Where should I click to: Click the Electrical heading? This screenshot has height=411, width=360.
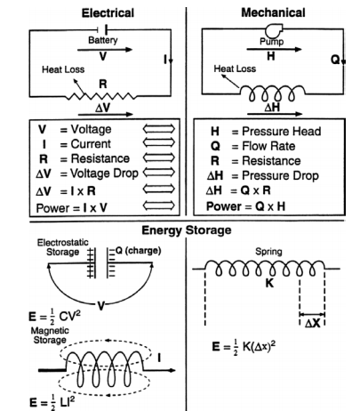pyautogui.click(x=108, y=13)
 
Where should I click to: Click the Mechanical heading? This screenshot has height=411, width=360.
pyautogui.click(x=273, y=12)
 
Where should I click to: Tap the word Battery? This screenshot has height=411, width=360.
pyautogui.click(x=103, y=40)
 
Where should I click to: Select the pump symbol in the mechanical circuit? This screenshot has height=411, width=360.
pyautogui.click(x=274, y=30)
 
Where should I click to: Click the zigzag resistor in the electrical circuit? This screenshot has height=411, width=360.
pyautogui.click(x=100, y=95)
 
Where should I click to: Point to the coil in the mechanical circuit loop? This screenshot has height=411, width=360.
pyautogui.click(x=272, y=93)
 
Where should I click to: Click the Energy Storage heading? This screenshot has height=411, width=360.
pyautogui.click(x=187, y=230)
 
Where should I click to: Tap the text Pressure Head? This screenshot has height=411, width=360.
pyautogui.click(x=281, y=131)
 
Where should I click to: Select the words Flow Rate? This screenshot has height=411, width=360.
pyautogui.click(x=268, y=146)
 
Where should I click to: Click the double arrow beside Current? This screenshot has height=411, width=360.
pyautogui.click(x=159, y=142)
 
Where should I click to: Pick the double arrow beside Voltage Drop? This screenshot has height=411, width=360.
pyautogui.click(x=159, y=173)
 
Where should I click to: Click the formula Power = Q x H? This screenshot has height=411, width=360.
pyautogui.click(x=245, y=206)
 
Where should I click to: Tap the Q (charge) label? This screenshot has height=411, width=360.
pyautogui.click(x=138, y=251)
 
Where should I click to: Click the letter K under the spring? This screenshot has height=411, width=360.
pyautogui.click(x=269, y=283)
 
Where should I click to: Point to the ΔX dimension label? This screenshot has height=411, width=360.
pyautogui.click(x=313, y=323)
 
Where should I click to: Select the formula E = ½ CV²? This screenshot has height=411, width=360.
pyautogui.click(x=54, y=316)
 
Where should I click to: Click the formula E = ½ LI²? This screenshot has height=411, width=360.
pyautogui.click(x=52, y=402)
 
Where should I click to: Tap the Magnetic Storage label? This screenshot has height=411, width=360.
pyautogui.click(x=50, y=335)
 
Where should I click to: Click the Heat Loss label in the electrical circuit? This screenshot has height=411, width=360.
pyautogui.click(x=63, y=69)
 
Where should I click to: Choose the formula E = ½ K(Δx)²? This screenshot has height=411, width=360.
pyautogui.click(x=244, y=346)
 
